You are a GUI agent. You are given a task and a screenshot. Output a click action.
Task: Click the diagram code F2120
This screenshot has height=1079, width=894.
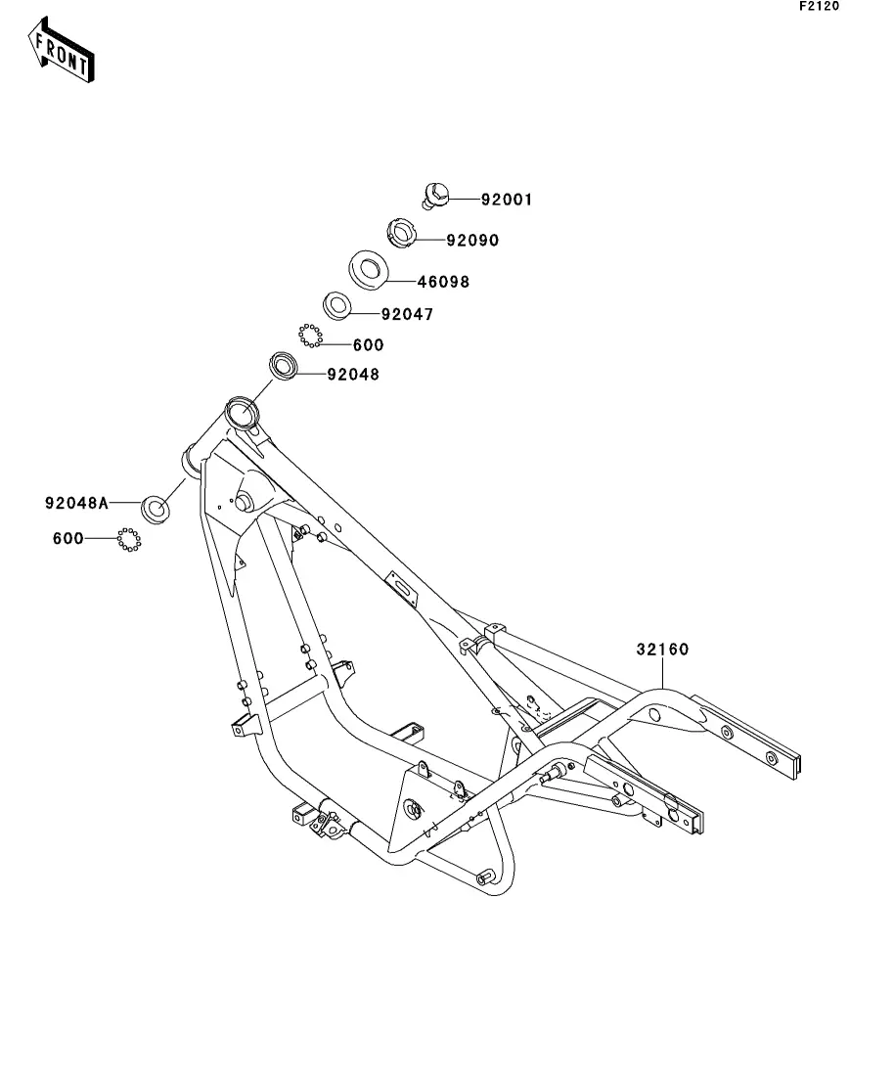coord(819,7)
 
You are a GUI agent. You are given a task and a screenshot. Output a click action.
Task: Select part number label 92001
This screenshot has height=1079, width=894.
coord(506,201)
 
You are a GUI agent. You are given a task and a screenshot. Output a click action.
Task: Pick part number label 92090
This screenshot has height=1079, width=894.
coord(472,240)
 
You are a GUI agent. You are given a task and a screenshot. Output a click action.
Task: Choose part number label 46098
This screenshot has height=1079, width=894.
coord(443,282)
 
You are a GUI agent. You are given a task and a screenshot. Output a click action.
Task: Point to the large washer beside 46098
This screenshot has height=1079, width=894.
coord(369,268)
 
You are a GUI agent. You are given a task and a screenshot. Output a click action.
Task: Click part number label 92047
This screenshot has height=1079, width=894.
coord(407,315)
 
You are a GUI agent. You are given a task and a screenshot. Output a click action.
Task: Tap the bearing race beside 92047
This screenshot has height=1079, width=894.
coord(336,305)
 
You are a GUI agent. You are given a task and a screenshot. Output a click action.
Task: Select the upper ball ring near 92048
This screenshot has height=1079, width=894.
coord(310,336)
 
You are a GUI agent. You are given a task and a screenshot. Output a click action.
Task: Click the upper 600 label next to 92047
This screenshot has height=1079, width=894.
coord(368,344)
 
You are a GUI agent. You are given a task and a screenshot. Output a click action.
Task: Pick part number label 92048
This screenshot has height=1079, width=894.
coord(353,374)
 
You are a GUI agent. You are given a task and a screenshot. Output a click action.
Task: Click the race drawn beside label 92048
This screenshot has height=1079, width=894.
coord(284,366)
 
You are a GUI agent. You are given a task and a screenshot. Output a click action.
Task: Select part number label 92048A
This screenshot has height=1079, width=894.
coord(76,503)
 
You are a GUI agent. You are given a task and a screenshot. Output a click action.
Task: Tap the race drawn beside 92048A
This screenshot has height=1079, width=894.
coord(155,508)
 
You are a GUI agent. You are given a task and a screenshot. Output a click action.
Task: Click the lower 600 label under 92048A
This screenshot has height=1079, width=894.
coord(68,538)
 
